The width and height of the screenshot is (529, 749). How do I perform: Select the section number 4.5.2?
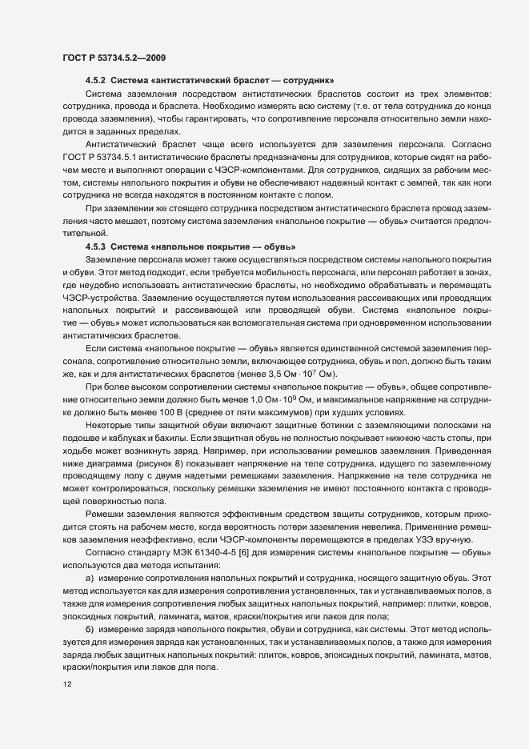[95, 82]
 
